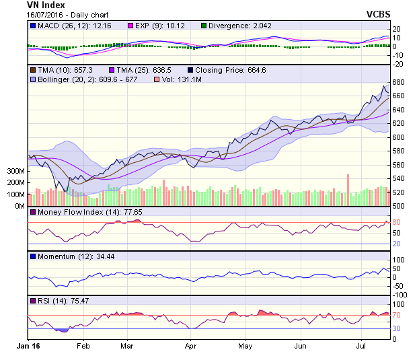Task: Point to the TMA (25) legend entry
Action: pos(139,69)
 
